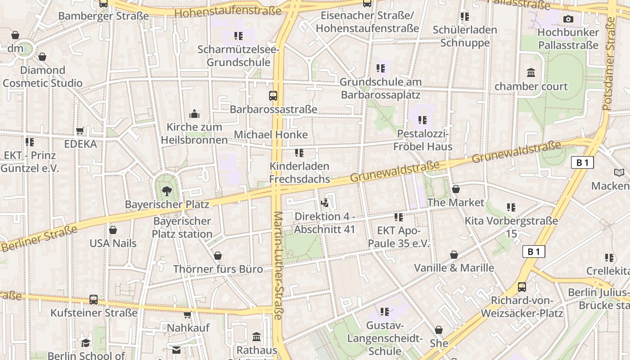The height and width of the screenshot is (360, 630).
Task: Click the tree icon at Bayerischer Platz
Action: point(167,191)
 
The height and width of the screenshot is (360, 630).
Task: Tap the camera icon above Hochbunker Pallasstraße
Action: point(568,19)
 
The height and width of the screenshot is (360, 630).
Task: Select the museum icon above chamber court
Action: point(531,73)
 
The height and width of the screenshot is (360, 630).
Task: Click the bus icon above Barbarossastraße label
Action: point(273,96)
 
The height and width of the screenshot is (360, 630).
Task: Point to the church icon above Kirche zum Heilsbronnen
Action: point(194,114)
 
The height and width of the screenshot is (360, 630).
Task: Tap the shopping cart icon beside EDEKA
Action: point(80,131)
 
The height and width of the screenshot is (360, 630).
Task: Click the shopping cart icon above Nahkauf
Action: point(188,315)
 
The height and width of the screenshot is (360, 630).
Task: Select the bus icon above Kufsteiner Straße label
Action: point(94,299)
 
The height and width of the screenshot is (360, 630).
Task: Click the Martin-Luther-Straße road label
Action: point(277,265)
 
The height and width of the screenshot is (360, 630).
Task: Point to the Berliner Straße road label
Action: point(39,238)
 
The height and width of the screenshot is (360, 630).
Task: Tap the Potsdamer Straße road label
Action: point(608,63)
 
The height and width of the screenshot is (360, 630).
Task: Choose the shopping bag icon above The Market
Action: point(456,189)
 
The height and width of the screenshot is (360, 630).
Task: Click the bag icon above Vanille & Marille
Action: point(454,255)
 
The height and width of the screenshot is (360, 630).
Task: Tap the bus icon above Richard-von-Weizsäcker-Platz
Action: point(522,287)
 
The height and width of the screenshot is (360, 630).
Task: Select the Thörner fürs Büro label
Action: point(218,269)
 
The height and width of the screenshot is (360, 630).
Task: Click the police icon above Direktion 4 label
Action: point(324,203)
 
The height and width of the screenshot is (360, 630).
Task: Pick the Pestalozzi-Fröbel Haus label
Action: point(423,140)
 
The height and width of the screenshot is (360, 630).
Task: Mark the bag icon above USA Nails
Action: point(113,230)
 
